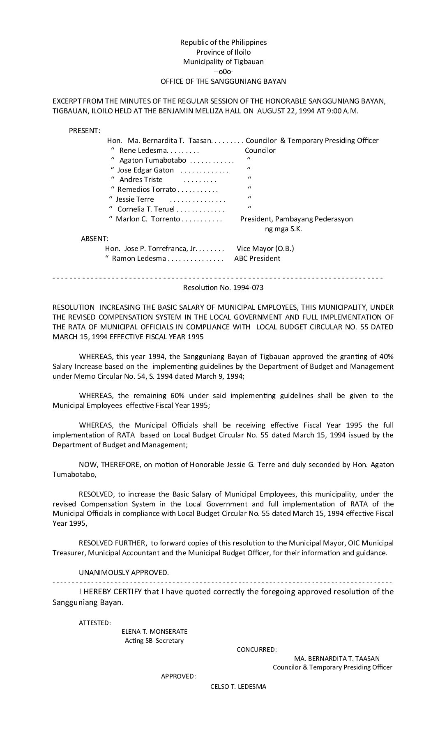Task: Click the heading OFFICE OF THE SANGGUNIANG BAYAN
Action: (x=223, y=81)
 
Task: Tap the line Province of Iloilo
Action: (x=223, y=52)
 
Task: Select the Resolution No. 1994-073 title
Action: (x=223, y=287)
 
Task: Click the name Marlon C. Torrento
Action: (x=147, y=219)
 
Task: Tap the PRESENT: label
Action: (x=84, y=131)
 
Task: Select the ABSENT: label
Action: (x=94, y=239)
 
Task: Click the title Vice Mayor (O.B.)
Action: (x=265, y=248)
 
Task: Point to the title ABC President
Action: (x=257, y=258)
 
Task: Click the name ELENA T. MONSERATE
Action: (x=154, y=631)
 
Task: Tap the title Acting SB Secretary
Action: (x=154, y=641)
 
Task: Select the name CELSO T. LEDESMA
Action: (x=238, y=686)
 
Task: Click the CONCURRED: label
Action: (x=256, y=650)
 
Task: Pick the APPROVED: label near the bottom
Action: (x=178, y=676)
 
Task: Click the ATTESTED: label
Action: (x=94, y=623)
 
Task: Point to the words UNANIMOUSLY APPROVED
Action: (x=124, y=573)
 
